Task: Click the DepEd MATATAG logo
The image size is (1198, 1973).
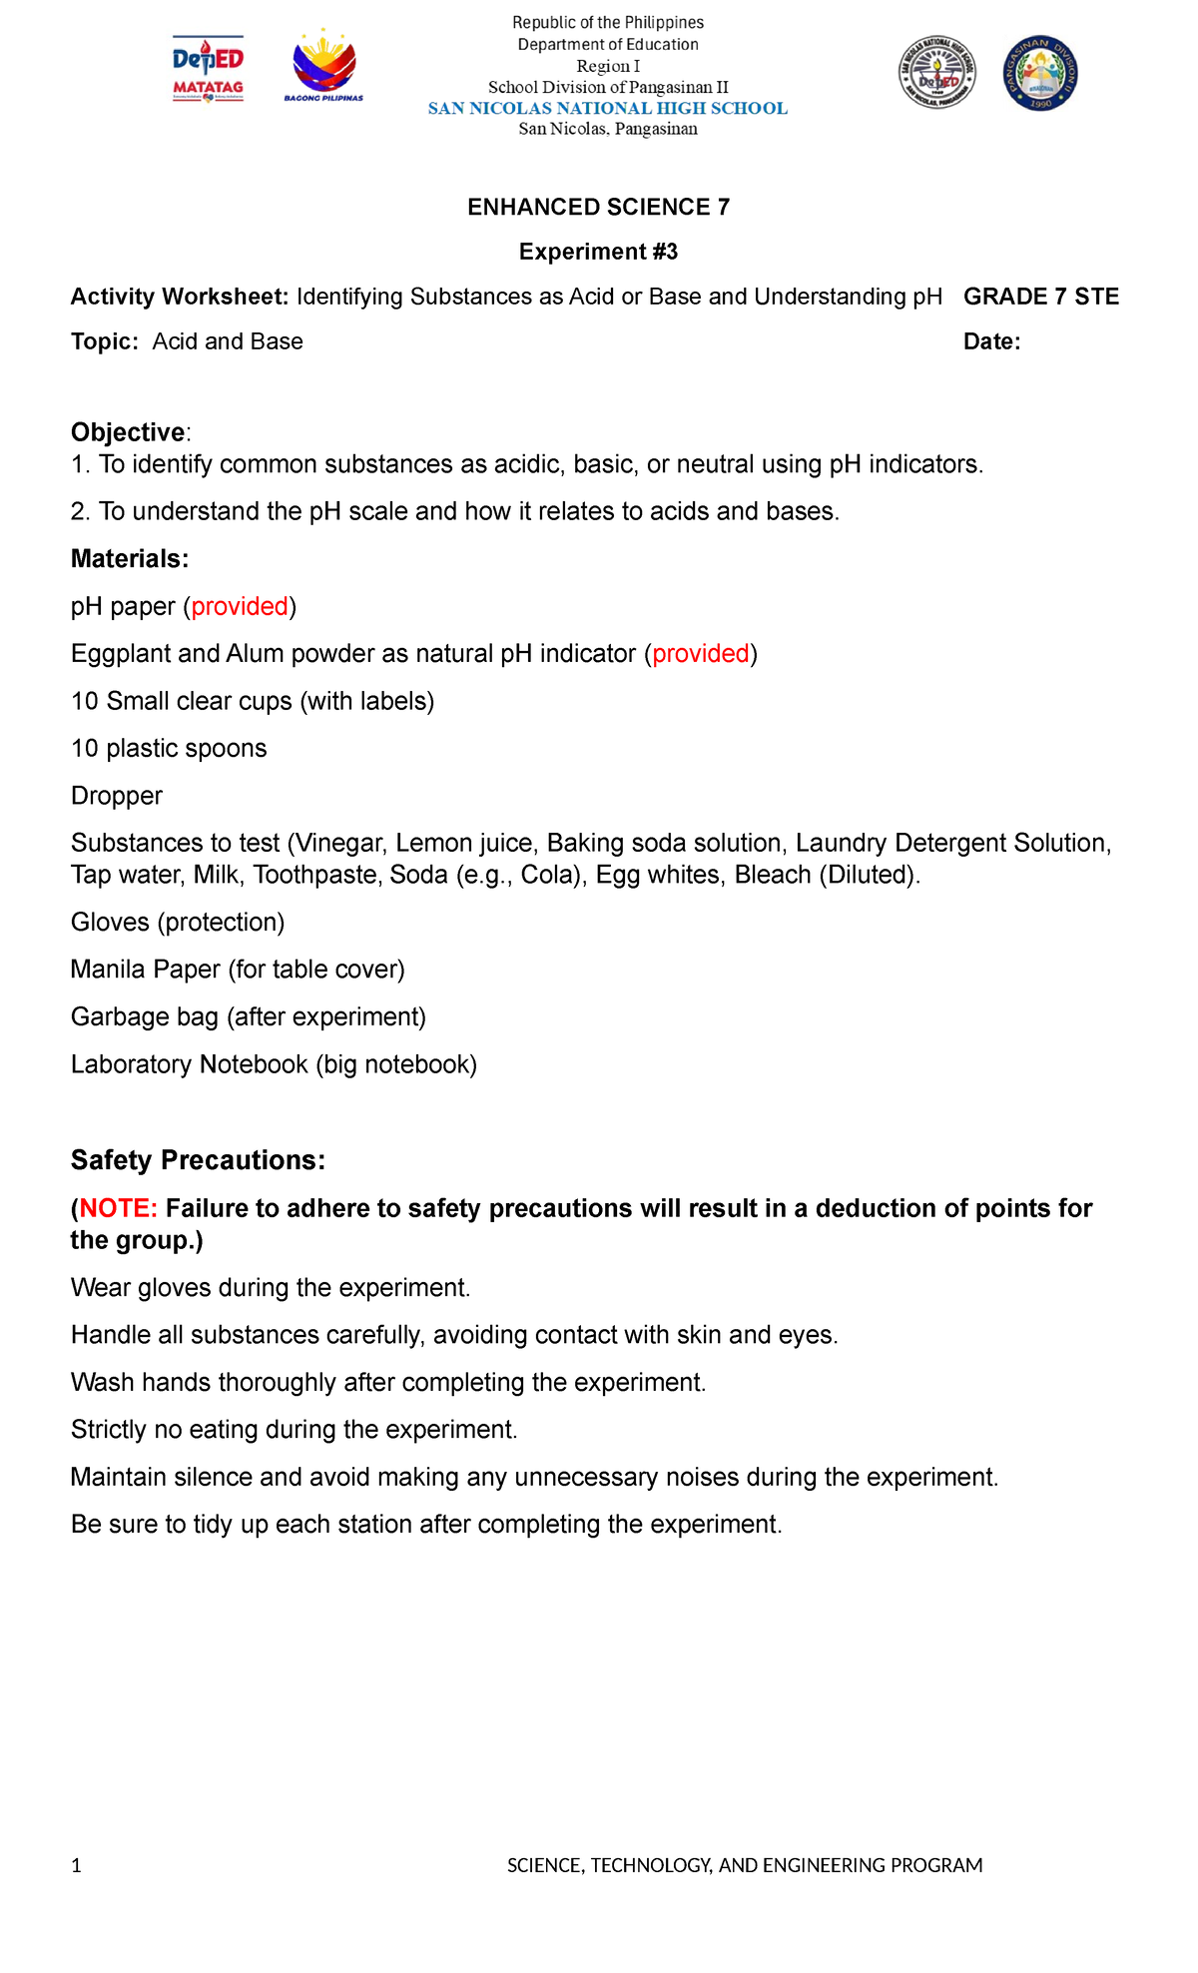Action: [208, 70]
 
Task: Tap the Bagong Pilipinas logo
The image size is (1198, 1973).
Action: [323, 67]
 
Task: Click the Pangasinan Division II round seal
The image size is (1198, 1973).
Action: [1040, 73]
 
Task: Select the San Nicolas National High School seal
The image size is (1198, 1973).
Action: [938, 73]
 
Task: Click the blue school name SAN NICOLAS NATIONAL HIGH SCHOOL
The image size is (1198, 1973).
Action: [607, 109]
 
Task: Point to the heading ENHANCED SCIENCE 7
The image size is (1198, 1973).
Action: [598, 208]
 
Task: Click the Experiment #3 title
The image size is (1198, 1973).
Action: [598, 252]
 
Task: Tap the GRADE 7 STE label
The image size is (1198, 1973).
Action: [1040, 297]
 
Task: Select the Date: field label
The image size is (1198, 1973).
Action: [991, 341]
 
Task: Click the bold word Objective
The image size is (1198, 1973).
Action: [128, 432]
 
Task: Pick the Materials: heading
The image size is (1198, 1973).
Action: [130, 559]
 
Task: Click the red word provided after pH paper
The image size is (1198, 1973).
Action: [240, 606]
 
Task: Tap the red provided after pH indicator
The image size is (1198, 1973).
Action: [700, 654]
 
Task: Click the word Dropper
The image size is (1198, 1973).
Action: [117, 796]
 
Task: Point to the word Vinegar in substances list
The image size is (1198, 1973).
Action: [338, 844]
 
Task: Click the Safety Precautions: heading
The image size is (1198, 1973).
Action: [198, 1160]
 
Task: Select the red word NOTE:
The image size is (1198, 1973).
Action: [118, 1209]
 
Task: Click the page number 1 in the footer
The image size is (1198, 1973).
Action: [77, 1866]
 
